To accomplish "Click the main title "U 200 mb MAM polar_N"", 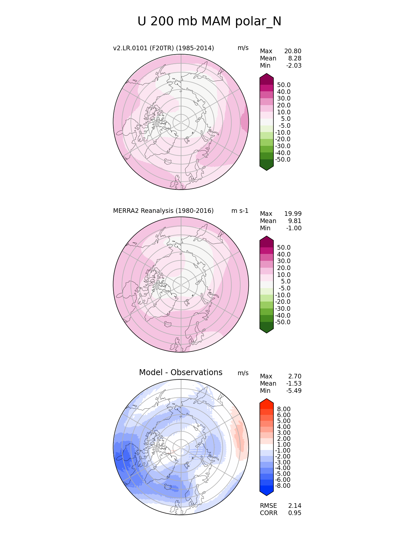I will (x=209, y=22).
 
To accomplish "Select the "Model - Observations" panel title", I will (x=180, y=373).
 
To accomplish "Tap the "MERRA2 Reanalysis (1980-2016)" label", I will (x=163, y=211).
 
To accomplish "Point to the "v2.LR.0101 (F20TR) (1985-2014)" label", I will (x=163, y=48).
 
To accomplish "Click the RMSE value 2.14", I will (x=295, y=506).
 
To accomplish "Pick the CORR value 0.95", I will (x=295, y=513).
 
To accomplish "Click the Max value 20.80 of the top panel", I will (x=292, y=51).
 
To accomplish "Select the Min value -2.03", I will (x=293, y=66).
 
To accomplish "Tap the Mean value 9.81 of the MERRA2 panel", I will (x=295, y=221).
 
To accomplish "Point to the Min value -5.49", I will (x=293, y=391).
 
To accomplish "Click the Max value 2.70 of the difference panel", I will (x=295, y=376).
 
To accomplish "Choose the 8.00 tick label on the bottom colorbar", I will (x=284, y=409).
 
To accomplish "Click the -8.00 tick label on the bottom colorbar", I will (x=283, y=486).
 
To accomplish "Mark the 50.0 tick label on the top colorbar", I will (x=284, y=85).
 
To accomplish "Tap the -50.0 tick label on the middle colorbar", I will (x=283, y=322).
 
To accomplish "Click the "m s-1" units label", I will (x=240, y=211).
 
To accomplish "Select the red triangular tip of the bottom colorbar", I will (x=267, y=401).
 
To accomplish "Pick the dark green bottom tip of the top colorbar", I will (x=267, y=167).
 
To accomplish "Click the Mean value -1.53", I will (x=293, y=384).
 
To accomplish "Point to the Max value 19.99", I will (x=292, y=214).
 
